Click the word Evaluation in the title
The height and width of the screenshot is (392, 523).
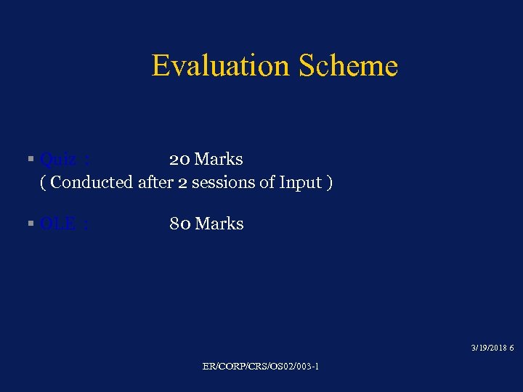(x=220, y=66)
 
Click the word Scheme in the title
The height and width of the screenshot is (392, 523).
(x=347, y=66)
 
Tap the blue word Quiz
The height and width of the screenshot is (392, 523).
(x=58, y=159)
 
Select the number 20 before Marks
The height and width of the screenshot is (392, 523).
(x=179, y=159)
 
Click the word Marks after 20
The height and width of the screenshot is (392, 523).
(x=219, y=159)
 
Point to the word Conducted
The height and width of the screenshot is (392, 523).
(x=92, y=182)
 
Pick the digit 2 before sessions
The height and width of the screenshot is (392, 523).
(x=182, y=182)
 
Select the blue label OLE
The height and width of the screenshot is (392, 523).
(x=58, y=224)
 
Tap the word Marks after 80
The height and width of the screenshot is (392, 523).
(x=219, y=224)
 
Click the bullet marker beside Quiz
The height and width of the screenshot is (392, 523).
(x=31, y=159)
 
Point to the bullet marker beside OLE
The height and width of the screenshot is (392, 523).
(x=31, y=224)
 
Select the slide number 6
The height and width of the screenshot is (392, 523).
(x=512, y=348)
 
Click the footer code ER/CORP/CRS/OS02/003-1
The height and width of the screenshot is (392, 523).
(x=261, y=367)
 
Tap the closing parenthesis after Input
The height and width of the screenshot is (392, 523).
(x=330, y=182)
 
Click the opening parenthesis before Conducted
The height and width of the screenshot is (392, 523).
(x=44, y=182)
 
